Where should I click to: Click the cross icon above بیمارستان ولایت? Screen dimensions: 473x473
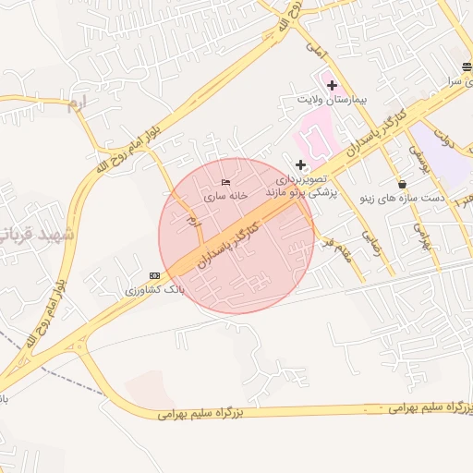[332, 85]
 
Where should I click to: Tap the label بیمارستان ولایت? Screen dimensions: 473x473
[332, 98]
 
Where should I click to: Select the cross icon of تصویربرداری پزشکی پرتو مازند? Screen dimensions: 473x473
[299, 164]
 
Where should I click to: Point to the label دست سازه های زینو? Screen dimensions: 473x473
[402, 198]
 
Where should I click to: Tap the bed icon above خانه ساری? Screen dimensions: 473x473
[226, 183]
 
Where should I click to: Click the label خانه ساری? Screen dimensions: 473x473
[227, 197]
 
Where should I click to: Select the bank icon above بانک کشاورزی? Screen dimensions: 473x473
[154, 275]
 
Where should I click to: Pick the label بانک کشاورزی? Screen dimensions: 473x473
[155, 289]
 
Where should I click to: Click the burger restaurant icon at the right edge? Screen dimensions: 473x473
[467, 66]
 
